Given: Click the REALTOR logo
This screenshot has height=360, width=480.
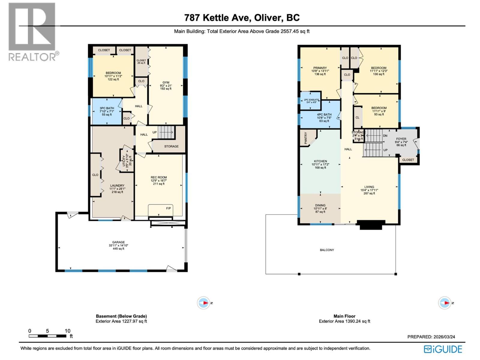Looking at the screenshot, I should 32,31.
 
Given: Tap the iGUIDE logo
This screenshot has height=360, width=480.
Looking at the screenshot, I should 443,349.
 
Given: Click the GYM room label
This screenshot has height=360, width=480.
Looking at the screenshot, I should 166,82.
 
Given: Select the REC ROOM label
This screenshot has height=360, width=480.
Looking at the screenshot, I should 159,177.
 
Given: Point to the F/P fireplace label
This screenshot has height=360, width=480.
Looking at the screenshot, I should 168,208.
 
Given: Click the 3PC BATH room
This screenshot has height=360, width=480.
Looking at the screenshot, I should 107,111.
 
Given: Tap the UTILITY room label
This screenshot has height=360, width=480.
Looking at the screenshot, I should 124,160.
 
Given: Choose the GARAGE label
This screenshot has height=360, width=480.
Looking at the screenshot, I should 118,242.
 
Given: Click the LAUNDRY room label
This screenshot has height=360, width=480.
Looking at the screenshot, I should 117,186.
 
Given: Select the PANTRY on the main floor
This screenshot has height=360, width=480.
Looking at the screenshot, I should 306,138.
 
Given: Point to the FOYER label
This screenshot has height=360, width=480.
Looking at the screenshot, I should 401,139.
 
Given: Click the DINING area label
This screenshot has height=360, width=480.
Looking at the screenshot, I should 320,205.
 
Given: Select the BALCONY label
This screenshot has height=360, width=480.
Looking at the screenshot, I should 327,250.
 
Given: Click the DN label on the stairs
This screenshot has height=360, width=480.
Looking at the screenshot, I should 385,136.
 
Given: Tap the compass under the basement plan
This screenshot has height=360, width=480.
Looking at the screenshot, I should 203,303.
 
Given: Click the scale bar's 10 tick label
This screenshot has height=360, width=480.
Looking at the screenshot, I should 67,331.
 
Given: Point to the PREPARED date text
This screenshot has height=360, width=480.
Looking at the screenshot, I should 431,337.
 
